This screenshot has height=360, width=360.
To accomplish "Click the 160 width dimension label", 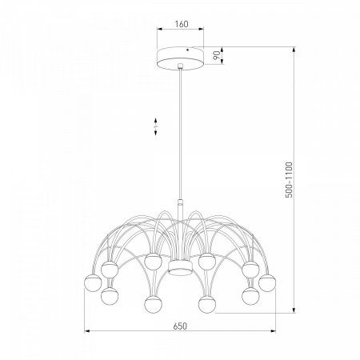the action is [182, 24].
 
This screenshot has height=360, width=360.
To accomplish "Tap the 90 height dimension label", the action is [218, 55].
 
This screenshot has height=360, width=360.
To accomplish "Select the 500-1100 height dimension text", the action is [289, 180].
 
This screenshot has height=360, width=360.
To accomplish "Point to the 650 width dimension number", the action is [180, 326].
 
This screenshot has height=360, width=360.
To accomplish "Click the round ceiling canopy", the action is [180, 58].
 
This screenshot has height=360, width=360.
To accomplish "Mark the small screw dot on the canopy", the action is [187, 50].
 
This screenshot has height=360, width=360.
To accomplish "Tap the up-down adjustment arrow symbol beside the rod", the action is [156, 126].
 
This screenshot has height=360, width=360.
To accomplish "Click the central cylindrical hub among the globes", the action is [180, 267].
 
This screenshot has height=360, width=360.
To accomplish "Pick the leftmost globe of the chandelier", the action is [93, 283].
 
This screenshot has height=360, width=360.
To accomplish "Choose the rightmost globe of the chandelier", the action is [267, 283].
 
